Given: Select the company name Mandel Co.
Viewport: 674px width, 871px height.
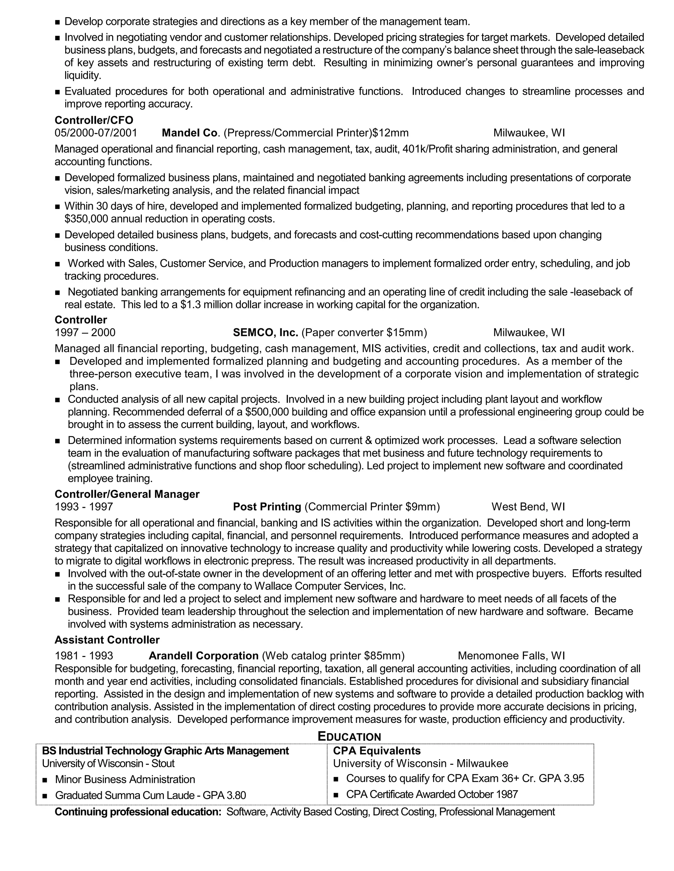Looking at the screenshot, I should (x=191, y=133).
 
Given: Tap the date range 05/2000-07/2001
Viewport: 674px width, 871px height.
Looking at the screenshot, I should (x=96, y=133).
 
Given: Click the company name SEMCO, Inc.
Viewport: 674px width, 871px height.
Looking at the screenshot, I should (x=266, y=333).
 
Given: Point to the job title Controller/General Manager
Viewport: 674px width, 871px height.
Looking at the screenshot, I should (x=127, y=494).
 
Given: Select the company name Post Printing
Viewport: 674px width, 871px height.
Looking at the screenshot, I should (x=267, y=507).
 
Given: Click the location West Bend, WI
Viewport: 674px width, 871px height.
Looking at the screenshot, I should (x=528, y=507).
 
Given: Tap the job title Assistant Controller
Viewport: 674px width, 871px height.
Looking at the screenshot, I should (x=107, y=640).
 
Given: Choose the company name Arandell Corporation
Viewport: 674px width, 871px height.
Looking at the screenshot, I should (x=204, y=656).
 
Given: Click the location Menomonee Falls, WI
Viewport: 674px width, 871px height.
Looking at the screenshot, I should (x=511, y=656).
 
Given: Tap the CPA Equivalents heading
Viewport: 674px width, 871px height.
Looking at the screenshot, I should (x=376, y=751).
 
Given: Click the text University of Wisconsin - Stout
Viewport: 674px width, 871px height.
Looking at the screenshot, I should (x=108, y=763).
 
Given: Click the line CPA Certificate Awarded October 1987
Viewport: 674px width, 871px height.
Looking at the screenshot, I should (x=432, y=794).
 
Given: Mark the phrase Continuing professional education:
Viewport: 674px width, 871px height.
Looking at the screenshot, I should (x=138, y=812).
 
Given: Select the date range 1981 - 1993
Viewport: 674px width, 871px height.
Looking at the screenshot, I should (x=84, y=656).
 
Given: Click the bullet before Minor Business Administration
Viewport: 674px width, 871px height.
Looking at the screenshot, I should (x=45, y=780).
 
